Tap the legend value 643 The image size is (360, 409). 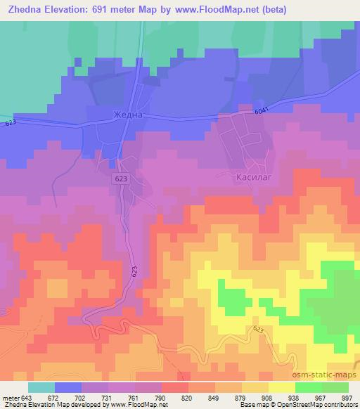click(x=28, y=397)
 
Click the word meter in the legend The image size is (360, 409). click(x=10, y=397)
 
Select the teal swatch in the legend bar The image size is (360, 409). click(x=41, y=387)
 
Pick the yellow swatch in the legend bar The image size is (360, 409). click(x=281, y=387)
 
